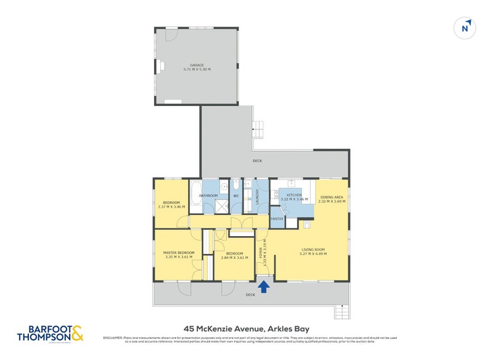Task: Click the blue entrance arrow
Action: click(264, 286)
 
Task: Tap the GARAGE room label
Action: click(197, 65)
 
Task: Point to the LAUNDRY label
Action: click(257, 196)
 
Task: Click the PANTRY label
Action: click(277, 218)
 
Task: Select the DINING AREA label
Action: click(332, 197)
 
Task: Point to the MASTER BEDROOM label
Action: click(179, 253)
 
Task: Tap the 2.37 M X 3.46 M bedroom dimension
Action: click(171, 207)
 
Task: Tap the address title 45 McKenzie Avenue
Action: click(246, 328)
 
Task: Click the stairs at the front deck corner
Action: click(340, 313)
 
